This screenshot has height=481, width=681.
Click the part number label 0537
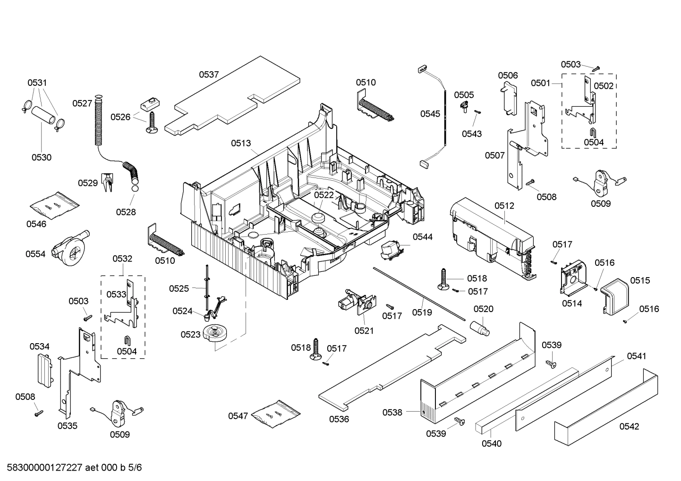[x=208, y=74]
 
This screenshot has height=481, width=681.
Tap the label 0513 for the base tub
[x=241, y=143]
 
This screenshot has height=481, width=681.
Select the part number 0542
[x=629, y=426]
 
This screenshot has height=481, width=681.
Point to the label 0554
[x=35, y=254]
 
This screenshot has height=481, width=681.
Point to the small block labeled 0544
[x=391, y=249]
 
